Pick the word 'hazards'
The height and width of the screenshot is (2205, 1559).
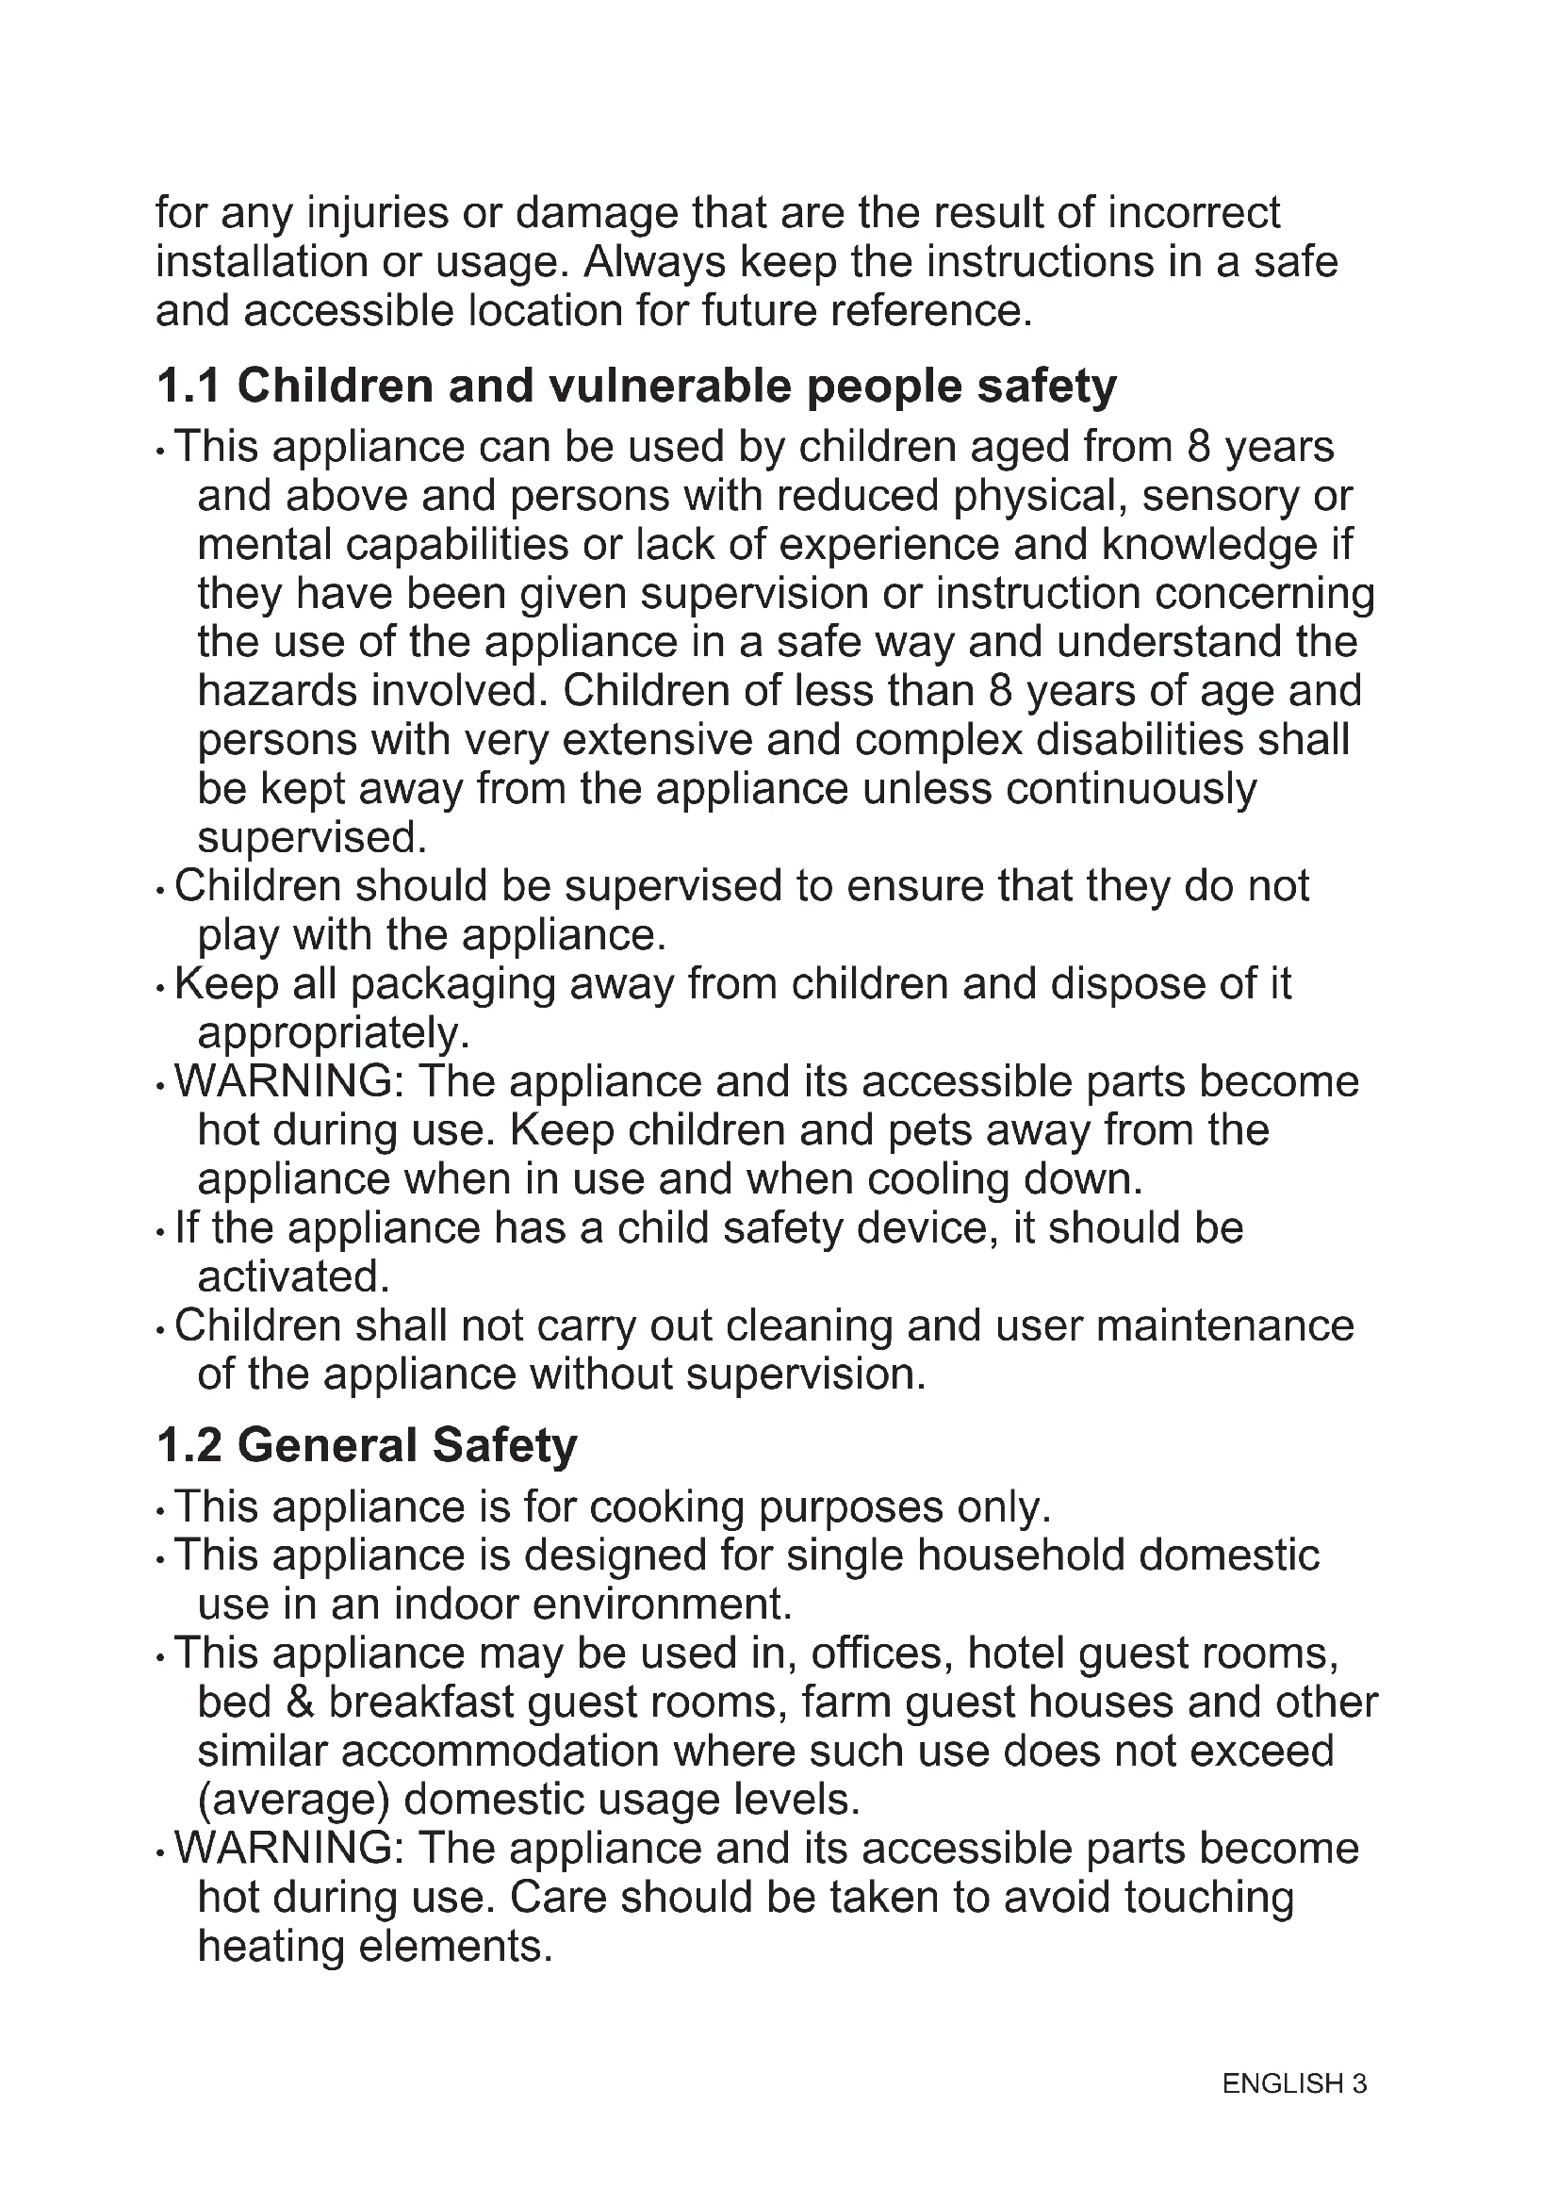click(x=276, y=690)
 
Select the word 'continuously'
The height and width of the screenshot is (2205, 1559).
click(x=1131, y=788)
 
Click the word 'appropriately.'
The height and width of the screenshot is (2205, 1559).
click(x=333, y=1033)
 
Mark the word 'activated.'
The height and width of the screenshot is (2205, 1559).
click(x=293, y=1277)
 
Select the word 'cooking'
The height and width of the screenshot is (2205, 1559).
click(x=666, y=1506)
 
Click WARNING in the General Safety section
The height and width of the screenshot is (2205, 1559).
click(x=289, y=1849)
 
